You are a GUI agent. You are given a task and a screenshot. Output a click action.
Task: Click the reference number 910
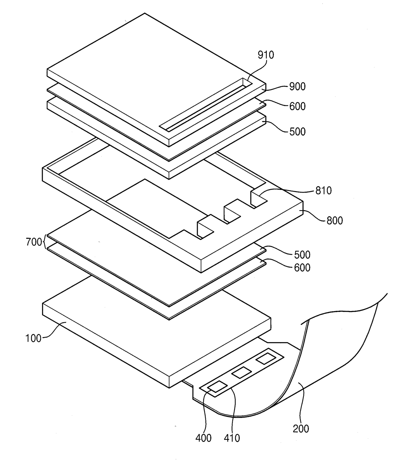click(x=266, y=55)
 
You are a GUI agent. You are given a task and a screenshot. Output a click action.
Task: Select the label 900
click(x=297, y=86)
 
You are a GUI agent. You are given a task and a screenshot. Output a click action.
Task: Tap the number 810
click(x=323, y=190)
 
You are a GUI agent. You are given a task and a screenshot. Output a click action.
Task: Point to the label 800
click(x=334, y=220)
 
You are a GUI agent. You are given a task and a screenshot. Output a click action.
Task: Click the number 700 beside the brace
click(x=34, y=242)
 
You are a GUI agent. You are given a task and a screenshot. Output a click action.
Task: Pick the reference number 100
click(x=33, y=338)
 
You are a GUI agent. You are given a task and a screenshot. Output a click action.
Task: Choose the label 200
click(x=301, y=428)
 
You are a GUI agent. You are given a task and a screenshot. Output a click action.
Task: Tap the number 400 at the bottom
click(x=203, y=438)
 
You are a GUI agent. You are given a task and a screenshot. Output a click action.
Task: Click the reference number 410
click(x=232, y=438)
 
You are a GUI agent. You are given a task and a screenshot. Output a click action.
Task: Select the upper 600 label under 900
click(x=297, y=106)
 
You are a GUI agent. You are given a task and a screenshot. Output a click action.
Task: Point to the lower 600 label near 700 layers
click(x=302, y=267)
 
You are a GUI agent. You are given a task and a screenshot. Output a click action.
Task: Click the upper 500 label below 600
click(x=297, y=131)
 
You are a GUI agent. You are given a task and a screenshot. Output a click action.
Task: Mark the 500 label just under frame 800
click(x=302, y=255)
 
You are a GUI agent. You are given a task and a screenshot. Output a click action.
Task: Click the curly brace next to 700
click(x=45, y=242)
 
